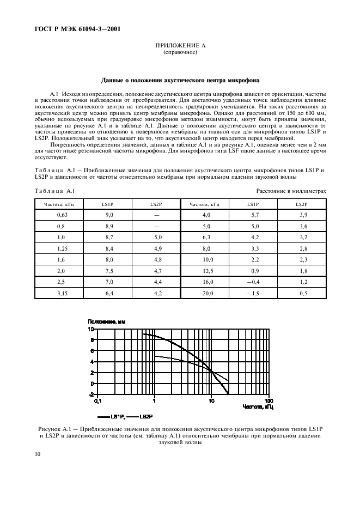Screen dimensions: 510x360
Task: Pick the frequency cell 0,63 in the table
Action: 62,215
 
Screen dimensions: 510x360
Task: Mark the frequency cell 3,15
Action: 62,293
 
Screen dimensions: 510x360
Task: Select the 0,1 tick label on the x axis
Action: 97,400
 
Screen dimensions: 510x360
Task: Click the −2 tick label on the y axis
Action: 91,394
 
